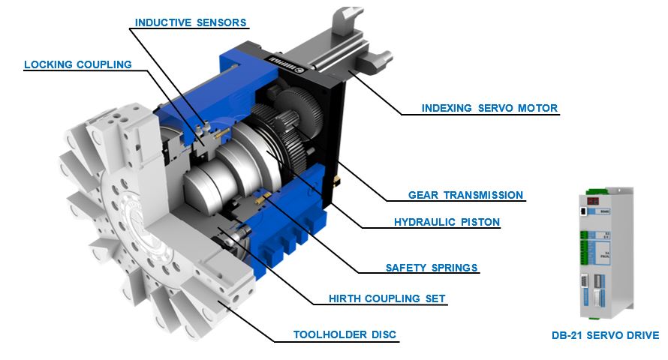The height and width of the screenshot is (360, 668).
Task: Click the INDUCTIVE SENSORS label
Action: [191, 22]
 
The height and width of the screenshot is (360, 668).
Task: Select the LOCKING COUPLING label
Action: [78, 64]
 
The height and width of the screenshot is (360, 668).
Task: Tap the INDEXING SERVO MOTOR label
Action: [489, 108]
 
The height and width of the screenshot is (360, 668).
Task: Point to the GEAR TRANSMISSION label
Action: [465, 195]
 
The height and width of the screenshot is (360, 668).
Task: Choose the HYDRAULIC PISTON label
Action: [447, 222]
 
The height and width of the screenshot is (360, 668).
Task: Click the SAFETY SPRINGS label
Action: [432, 268]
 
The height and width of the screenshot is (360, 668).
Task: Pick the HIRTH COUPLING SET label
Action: [387, 298]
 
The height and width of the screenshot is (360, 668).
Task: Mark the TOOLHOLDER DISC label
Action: [345, 334]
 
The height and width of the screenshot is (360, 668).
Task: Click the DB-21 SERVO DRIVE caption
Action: [606, 335]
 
